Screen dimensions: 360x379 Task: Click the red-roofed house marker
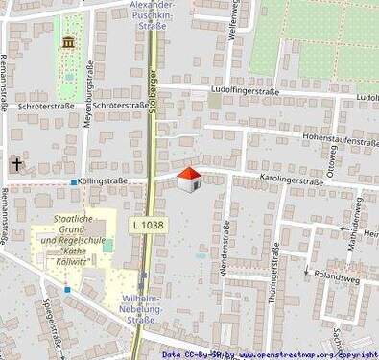[x=189, y=179]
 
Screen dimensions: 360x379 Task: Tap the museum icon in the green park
[x=68, y=42]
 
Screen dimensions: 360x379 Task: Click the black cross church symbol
[x=15, y=165]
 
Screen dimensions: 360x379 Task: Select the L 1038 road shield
[x=147, y=224]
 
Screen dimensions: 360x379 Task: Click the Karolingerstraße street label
[x=291, y=180]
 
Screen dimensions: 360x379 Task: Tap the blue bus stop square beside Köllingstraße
[x=73, y=180]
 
